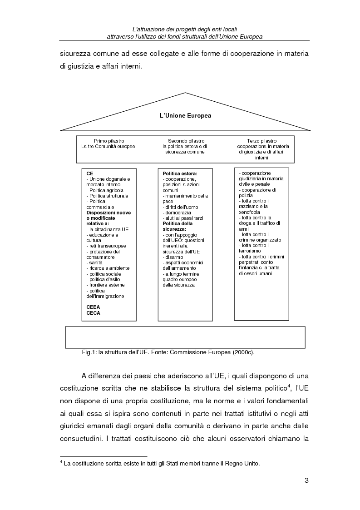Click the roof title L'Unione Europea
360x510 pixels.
185,116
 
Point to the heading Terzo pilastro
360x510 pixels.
261,141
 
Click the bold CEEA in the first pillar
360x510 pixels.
94,307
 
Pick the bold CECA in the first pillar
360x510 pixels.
94,312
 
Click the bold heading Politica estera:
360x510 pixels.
180,174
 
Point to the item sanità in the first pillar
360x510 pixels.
95,262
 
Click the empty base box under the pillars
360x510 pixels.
185,337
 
